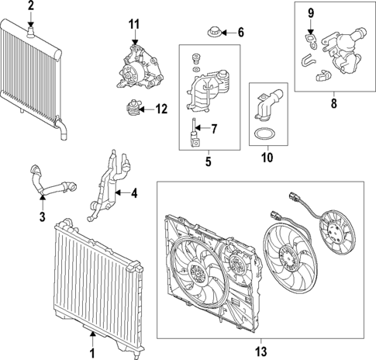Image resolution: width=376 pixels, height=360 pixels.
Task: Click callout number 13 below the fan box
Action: (x=261, y=351)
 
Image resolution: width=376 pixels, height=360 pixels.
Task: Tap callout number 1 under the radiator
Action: (x=92, y=353)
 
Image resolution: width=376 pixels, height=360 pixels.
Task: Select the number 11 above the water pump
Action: (x=134, y=25)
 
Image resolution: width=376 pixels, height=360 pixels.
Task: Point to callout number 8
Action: (x=334, y=103)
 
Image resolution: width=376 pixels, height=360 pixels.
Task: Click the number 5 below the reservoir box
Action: (x=209, y=161)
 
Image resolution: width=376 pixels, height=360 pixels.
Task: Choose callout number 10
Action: (x=267, y=157)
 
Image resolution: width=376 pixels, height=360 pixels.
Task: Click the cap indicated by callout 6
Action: (x=213, y=33)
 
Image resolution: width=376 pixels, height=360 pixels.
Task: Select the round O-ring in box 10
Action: (x=264, y=133)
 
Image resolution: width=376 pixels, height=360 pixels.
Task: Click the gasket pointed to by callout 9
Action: (x=310, y=41)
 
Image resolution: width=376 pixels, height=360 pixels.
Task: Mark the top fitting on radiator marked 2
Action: (x=31, y=31)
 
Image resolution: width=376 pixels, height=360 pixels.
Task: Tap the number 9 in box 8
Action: (x=311, y=13)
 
